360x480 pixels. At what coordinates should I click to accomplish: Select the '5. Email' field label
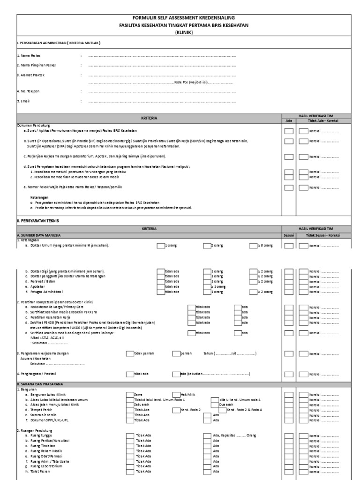tap(22, 101)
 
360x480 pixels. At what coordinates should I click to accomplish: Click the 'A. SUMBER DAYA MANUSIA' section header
tap(39, 235)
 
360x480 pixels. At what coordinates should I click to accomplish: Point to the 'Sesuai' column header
tap(288, 235)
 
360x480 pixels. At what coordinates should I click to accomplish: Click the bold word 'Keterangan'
tap(39, 197)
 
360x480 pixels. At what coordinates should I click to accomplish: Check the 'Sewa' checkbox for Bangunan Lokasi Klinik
tap(130, 395)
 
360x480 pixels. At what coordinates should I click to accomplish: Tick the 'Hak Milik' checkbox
tap(176, 395)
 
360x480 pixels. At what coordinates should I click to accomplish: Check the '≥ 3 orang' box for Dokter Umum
tap(253, 245)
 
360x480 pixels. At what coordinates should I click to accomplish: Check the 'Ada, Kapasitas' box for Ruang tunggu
tap(207, 435)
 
